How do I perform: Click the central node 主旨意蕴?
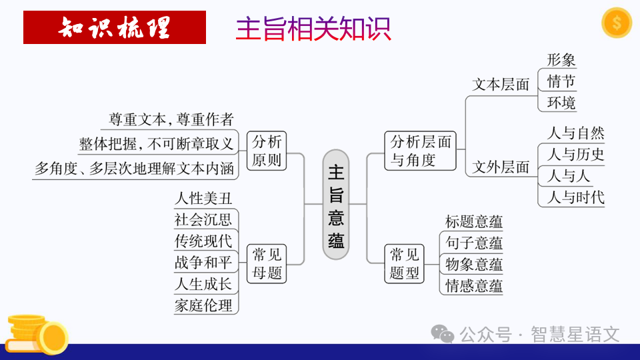336,204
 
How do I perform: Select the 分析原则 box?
267,151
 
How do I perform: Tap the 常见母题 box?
267,263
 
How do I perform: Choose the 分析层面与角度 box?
421,151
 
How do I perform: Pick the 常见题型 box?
405,263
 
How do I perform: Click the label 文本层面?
501,85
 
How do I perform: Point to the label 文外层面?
501,167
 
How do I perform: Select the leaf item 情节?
561,82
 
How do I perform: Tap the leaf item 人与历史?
575,155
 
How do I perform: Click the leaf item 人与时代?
575,197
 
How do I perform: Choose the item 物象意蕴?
473,265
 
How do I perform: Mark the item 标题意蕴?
473,222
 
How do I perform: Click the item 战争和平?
203,263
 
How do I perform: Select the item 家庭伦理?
203,305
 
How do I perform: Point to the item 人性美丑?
203,199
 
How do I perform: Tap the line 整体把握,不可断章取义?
157,144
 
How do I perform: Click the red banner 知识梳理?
114,27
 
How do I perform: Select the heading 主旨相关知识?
313,29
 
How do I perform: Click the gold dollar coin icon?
616,23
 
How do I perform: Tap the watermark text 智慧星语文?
575,333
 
